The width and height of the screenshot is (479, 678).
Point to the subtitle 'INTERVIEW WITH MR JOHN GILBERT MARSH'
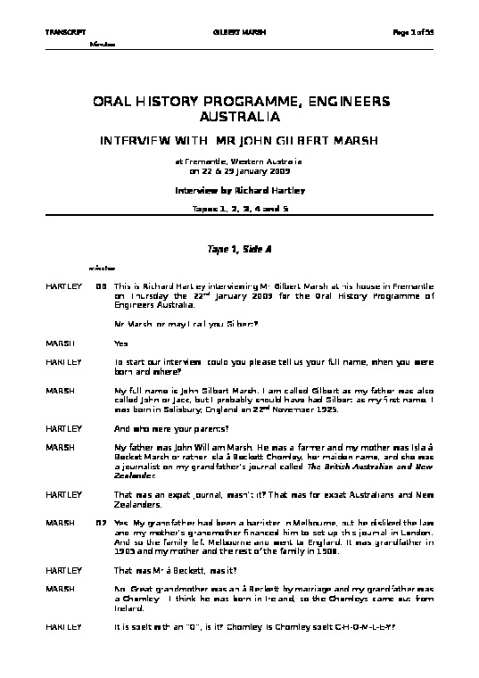tap(239, 141)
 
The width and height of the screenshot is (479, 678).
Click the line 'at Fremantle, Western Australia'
tap(239, 161)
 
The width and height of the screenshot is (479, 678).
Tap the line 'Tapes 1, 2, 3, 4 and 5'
tap(239, 206)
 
